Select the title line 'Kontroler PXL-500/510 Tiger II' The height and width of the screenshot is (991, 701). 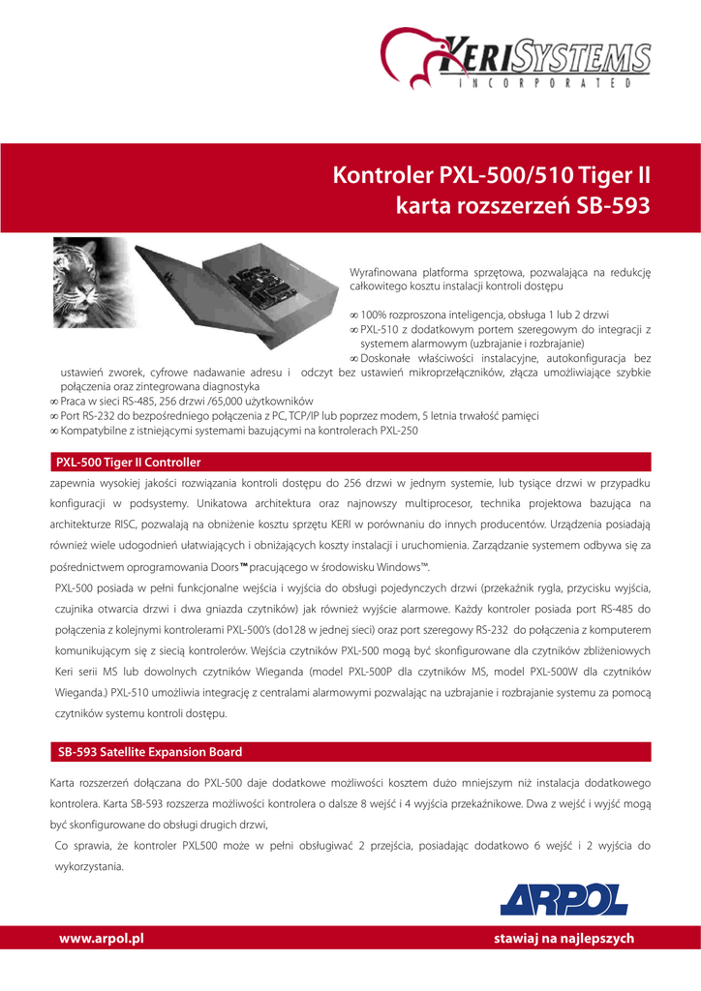coord(492,177)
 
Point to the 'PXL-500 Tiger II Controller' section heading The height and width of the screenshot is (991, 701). coord(128,463)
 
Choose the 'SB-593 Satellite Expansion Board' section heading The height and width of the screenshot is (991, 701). coord(149,752)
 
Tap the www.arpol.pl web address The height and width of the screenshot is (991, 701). coord(102,939)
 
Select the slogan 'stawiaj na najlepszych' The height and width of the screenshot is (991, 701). coord(564,939)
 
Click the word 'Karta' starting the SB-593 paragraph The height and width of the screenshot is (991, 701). coord(64,782)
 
